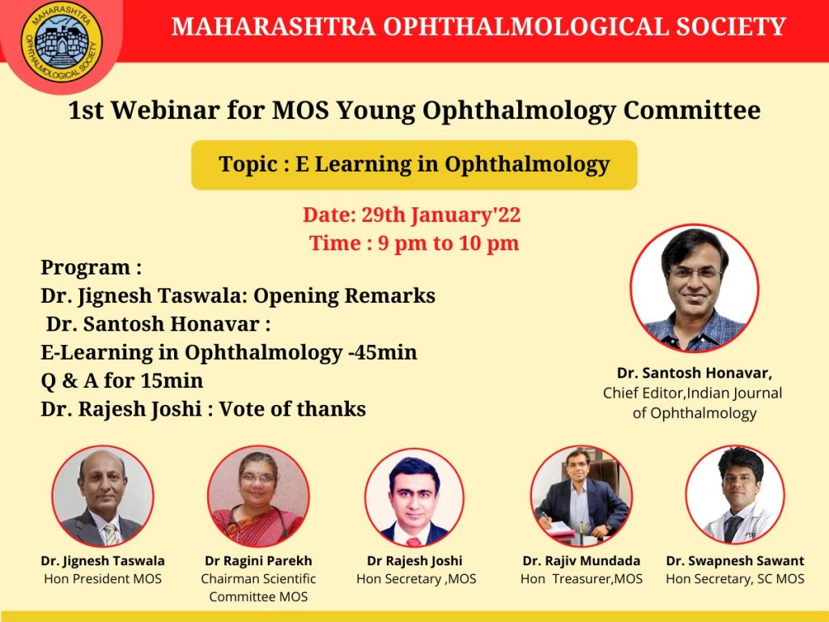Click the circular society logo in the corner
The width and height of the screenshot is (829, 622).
click(62, 41)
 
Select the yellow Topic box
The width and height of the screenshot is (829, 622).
click(414, 165)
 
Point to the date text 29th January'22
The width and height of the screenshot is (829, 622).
click(441, 215)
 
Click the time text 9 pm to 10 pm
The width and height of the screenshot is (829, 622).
click(449, 243)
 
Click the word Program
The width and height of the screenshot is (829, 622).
click(86, 268)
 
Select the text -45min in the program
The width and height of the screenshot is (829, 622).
click(383, 352)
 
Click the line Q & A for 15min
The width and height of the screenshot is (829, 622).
click(122, 381)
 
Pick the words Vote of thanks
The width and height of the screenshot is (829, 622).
click(293, 409)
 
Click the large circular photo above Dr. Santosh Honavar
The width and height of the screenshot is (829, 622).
click(694, 288)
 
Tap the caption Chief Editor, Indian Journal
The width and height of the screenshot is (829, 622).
click(693, 393)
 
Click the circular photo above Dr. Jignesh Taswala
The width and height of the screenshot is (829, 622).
click(103, 496)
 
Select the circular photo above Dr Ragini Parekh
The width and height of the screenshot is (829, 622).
click(258, 496)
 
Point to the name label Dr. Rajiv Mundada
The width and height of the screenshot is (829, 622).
click(581, 560)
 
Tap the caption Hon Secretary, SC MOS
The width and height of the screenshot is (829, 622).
click(735, 579)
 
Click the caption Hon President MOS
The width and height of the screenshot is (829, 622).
click(103, 578)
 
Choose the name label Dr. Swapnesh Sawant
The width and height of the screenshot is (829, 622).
click(735, 560)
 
